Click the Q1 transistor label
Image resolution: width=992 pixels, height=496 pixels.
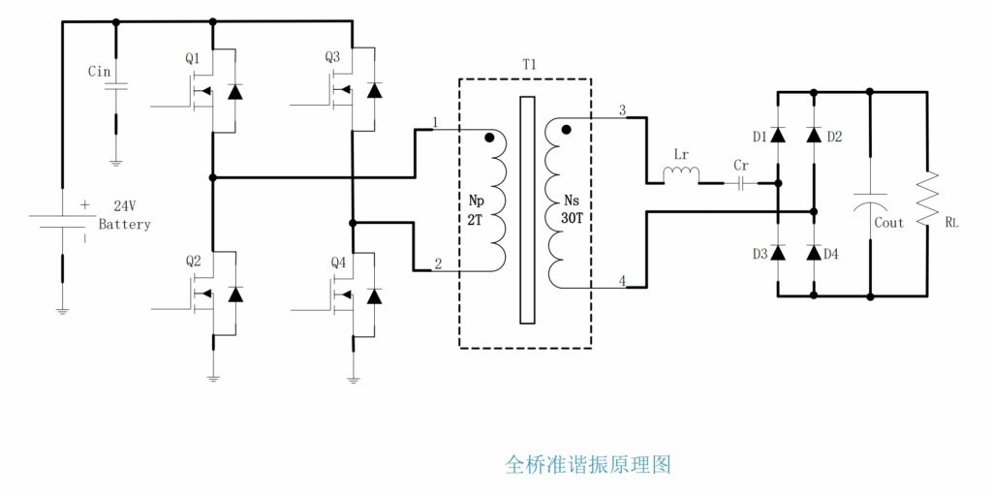[x=193, y=59]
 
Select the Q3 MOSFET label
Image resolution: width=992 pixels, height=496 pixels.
[x=332, y=58]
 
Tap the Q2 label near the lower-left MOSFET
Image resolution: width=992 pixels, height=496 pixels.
[x=193, y=262]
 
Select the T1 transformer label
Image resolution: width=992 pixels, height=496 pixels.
[x=529, y=64]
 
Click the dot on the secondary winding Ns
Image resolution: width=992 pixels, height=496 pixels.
[x=567, y=128]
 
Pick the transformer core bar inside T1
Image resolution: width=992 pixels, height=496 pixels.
[x=527, y=209]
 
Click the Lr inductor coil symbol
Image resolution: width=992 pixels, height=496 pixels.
[x=681, y=174]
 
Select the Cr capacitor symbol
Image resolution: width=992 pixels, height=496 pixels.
[x=742, y=182]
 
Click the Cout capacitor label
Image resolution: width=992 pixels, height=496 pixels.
[x=888, y=223]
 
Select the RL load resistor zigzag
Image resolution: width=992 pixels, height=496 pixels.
[x=928, y=195]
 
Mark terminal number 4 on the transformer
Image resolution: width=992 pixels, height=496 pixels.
[x=622, y=282]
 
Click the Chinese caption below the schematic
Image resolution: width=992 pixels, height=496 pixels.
[x=587, y=464]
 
